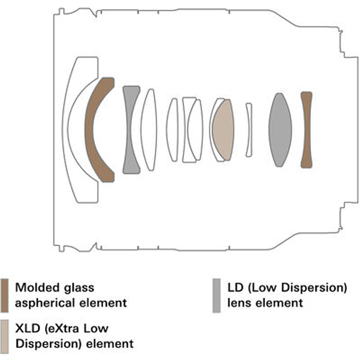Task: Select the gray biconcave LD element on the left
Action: click(x=130, y=129)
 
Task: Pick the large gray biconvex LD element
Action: click(x=280, y=130)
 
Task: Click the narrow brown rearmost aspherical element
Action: click(x=306, y=129)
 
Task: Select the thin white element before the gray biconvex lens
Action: click(x=249, y=129)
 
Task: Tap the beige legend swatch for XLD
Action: click(x=5, y=336)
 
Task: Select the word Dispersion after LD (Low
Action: click(x=312, y=288)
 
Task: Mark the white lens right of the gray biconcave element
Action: click(x=149, y=129)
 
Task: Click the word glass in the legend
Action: click(x=80, y=288)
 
